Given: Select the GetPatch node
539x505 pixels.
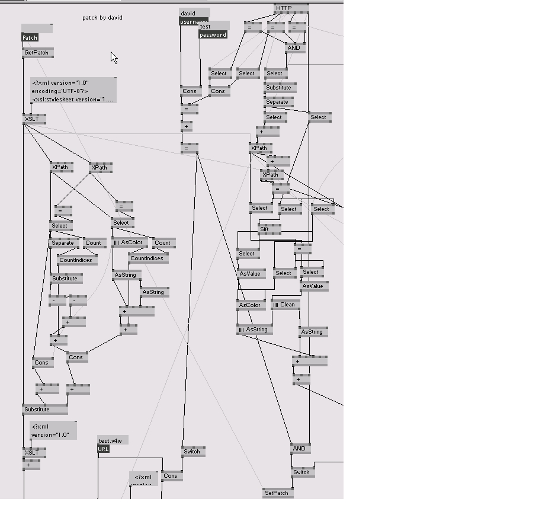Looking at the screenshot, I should click(37, 53).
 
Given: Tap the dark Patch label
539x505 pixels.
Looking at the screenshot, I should click(30, 37).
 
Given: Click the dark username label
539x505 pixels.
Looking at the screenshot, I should click(194, 22).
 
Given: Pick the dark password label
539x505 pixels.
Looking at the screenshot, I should click(213, 35).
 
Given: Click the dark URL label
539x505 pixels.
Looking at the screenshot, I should click(103, 449).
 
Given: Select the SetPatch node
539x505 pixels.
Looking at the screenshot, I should click(277, 493).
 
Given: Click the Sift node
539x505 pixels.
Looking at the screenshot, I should click(265, 229).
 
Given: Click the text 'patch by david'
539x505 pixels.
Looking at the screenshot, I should click(102, 18).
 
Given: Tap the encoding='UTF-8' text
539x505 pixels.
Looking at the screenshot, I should click(59, 91).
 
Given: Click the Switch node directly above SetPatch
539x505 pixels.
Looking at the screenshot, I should click(301, 472).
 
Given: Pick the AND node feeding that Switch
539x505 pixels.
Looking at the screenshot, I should click(299, 449).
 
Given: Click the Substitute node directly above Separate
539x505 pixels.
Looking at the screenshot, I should click(278, 88).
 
